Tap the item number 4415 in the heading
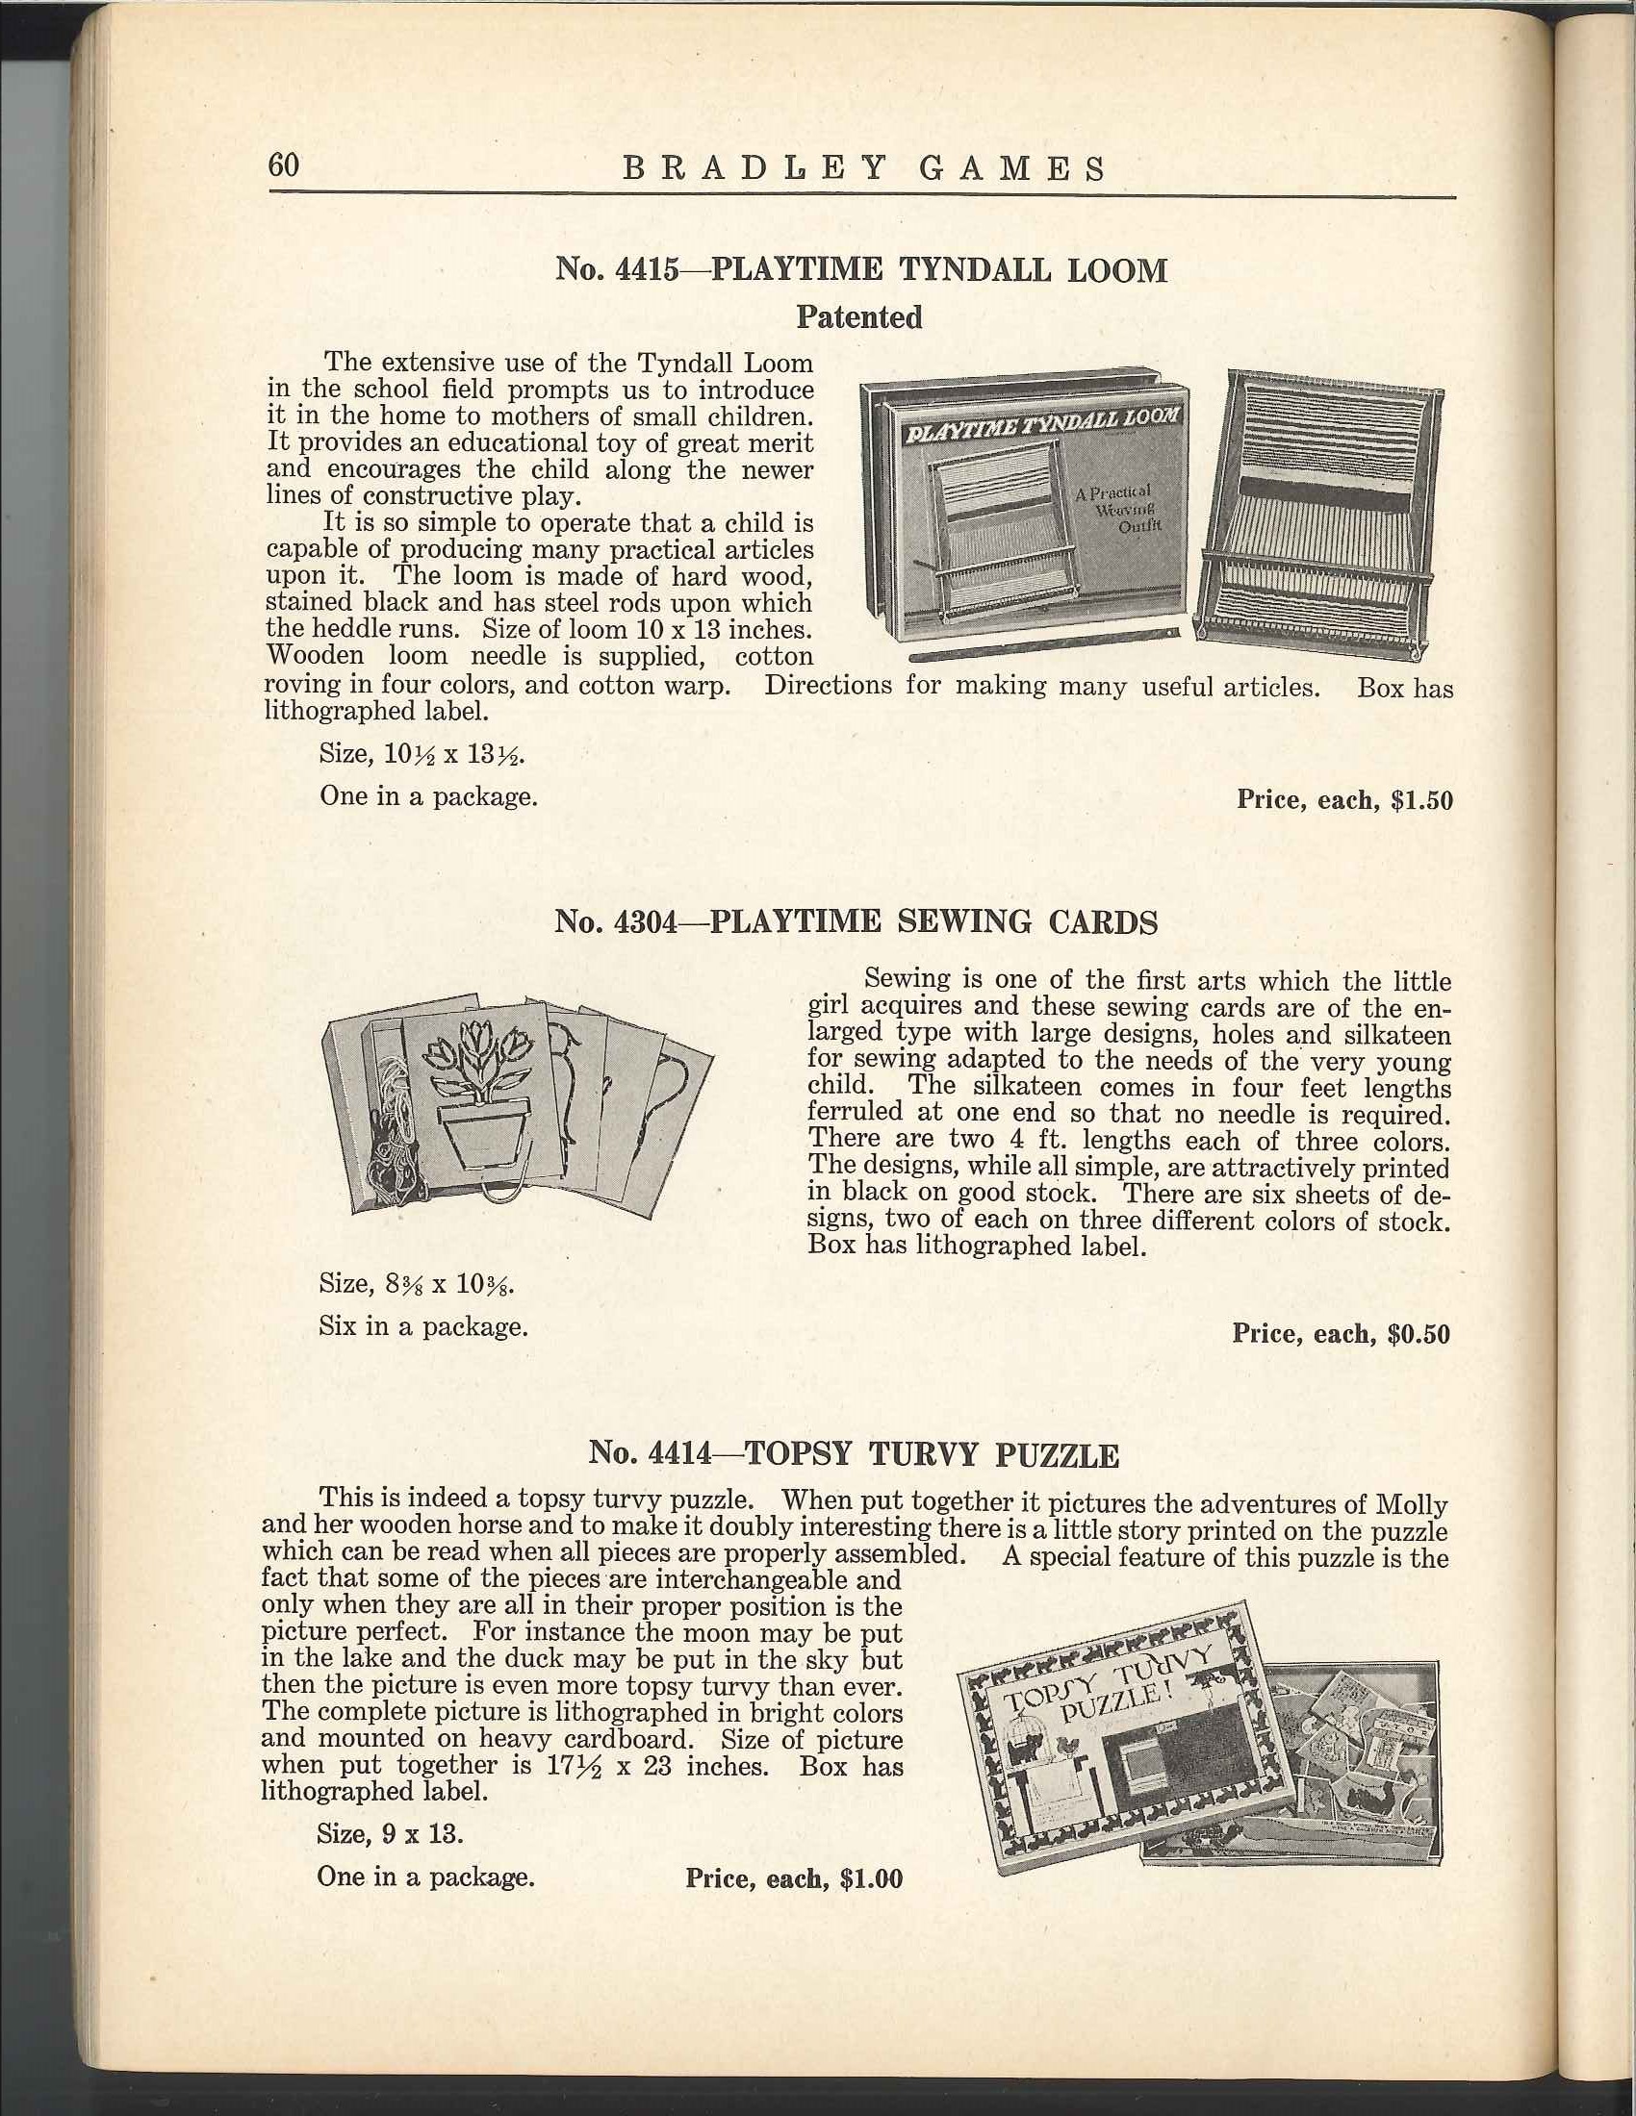(x=647, y=268)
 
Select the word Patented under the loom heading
(x=858, y=316)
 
